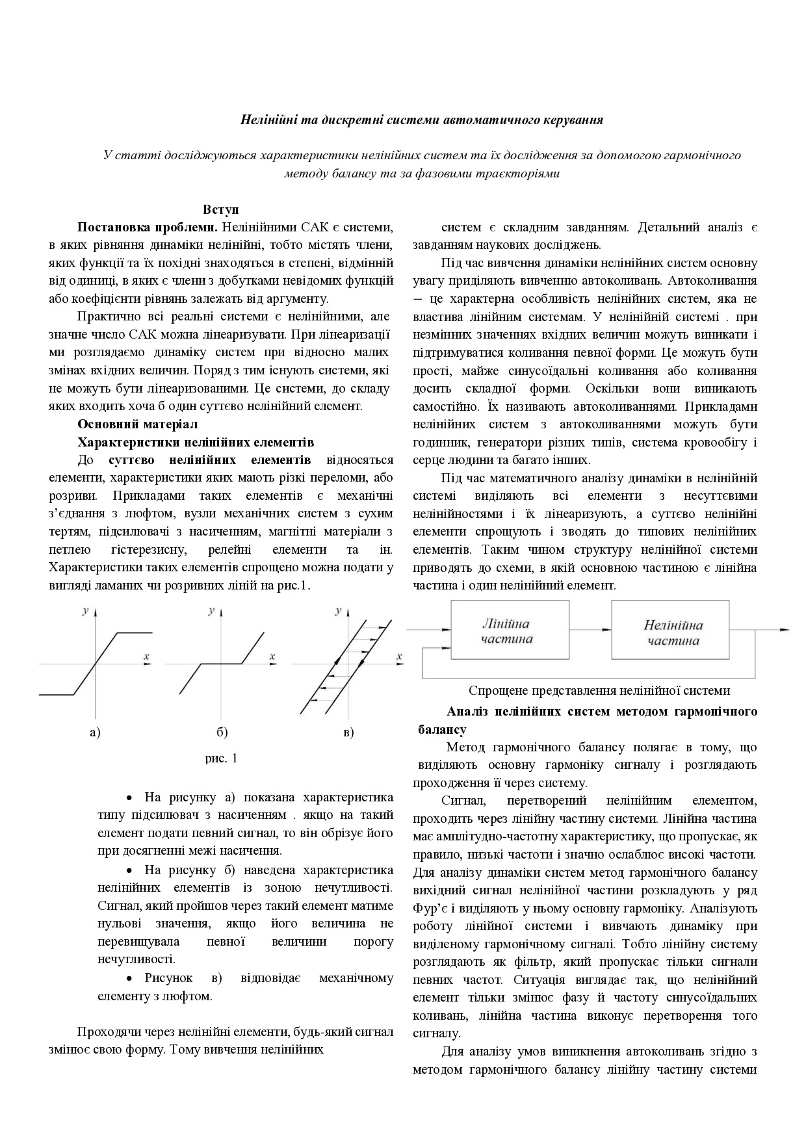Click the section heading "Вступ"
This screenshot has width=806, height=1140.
point(221,209)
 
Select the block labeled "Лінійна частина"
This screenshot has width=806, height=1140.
point(506,631)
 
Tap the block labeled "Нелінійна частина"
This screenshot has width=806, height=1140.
point(673,632)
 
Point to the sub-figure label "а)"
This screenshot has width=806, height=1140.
point(95,732)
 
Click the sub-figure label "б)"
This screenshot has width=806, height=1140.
point(222,732)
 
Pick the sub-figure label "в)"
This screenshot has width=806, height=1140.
point(348,732)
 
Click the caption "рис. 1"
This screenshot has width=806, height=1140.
point(222,758)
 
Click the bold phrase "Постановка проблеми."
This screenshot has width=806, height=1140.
point(147,227)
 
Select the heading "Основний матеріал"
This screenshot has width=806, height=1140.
point(137,424)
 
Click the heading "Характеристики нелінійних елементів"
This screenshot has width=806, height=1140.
point(196,442)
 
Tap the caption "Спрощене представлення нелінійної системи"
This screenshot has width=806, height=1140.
point(599,690)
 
